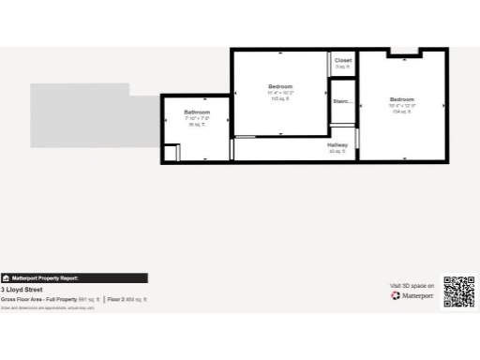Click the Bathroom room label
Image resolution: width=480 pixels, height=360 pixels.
coord(197,112)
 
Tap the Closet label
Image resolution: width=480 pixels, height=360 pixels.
coord(342,60)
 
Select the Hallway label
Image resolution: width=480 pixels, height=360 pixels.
coord(337,144)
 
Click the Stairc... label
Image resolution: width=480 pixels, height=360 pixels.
coord(342,101)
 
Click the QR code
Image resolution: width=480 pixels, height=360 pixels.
coord(459,292)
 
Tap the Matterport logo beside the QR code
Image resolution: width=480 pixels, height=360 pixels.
coord(412,295)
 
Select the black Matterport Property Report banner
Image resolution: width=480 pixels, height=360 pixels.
coord(74,278)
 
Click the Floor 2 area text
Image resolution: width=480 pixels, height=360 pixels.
coord(127,299)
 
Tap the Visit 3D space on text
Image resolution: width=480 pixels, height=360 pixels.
coord(412,285)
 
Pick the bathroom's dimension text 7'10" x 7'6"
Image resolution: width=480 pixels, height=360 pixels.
coord(197,118)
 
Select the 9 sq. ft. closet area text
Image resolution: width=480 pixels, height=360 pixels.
coord(342,67)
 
